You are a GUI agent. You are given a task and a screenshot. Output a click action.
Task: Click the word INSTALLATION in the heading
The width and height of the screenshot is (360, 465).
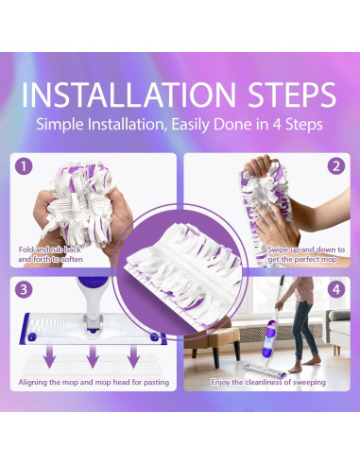129,95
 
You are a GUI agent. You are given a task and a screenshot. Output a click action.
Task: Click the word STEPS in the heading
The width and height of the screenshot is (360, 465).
292,95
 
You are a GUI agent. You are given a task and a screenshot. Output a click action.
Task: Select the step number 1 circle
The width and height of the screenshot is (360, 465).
24,166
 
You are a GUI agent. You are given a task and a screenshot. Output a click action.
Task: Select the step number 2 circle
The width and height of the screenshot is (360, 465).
336,166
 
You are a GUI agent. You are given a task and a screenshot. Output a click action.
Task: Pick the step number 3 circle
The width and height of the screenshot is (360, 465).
24,289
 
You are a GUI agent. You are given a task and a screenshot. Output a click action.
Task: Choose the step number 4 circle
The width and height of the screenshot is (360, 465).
336,289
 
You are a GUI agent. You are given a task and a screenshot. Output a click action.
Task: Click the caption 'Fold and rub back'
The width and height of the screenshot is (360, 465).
50,250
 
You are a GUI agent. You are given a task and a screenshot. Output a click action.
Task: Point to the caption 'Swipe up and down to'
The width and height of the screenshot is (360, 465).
306,250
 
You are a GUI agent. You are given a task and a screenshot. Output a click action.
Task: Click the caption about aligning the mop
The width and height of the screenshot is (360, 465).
94,382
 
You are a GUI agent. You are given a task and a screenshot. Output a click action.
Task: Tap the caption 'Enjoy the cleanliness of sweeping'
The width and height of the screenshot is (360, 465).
268,382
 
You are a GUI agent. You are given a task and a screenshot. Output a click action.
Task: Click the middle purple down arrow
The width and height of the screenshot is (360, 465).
93,356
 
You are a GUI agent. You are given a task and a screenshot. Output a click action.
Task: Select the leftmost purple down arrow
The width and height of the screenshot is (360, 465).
50,356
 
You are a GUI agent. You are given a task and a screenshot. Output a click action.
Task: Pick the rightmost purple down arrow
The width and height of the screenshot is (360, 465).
133,356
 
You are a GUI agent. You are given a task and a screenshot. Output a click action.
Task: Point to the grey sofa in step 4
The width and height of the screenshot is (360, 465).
337,331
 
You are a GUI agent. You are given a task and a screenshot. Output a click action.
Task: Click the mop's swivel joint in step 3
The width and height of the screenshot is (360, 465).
93,323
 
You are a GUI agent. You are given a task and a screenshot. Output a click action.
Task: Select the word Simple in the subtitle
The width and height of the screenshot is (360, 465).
60,125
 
